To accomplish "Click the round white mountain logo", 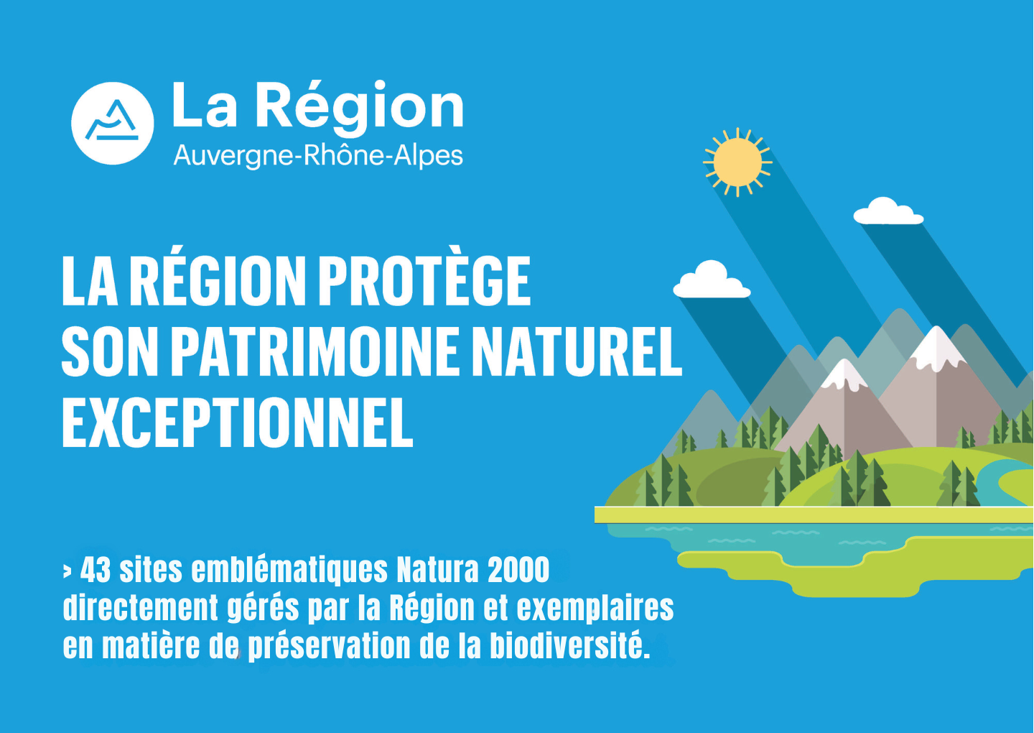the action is coord(112,123).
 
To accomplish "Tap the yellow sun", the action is coord(737,162).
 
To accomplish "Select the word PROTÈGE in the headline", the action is coord(424,281).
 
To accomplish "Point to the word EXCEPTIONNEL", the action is coord(238,422).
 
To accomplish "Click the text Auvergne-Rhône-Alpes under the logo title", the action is coord(318,156).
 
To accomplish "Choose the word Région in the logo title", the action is coord(360,107).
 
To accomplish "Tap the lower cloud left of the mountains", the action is coord(712,280).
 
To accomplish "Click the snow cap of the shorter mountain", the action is coord(844,374).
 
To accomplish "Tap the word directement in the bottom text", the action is coord(140,608).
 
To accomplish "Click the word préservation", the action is coord(329,647).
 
